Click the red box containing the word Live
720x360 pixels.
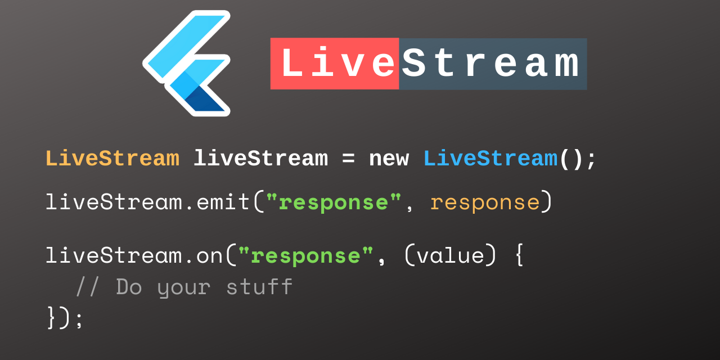335,64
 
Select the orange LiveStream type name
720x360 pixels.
112,159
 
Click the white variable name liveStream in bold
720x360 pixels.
260,159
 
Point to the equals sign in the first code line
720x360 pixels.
348,160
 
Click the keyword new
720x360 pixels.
389,160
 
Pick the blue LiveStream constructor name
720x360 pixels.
490,159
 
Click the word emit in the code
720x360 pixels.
223,202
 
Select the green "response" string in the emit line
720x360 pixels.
334,202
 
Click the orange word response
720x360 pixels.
484,202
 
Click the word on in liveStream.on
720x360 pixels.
209,256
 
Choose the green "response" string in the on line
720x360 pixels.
305,256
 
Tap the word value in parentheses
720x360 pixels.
450,256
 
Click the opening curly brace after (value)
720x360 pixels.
519,255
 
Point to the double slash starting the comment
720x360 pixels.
88,287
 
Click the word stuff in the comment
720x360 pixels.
259,287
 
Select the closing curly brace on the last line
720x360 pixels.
52,318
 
